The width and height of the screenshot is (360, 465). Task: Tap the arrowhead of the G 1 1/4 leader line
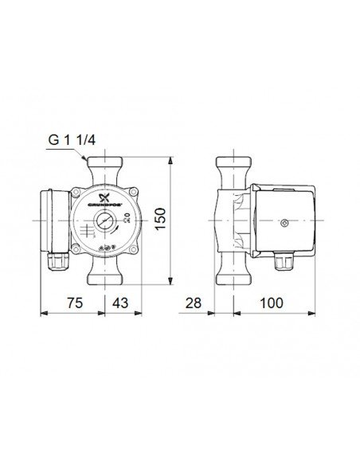click(88, 162)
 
